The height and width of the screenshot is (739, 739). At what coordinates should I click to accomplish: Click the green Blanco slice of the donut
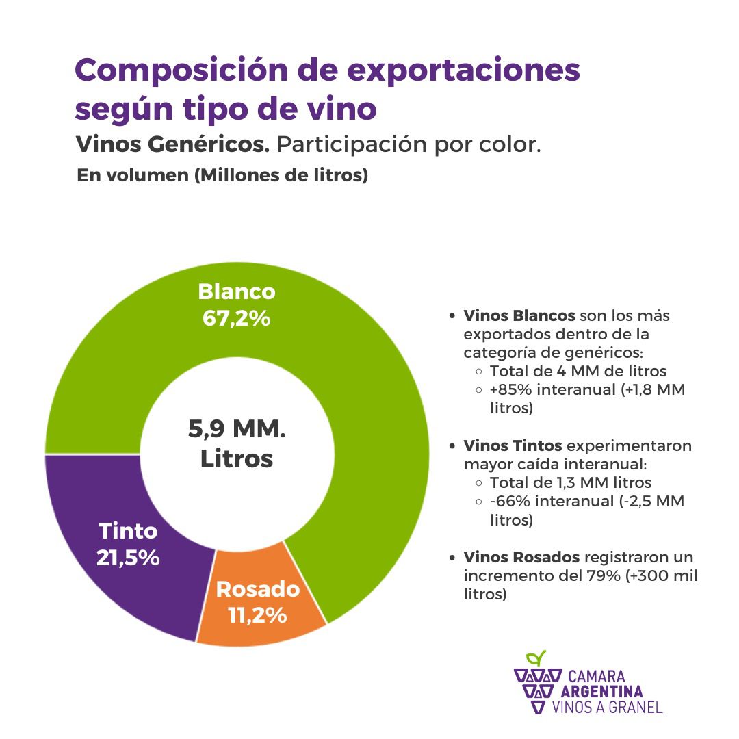369,383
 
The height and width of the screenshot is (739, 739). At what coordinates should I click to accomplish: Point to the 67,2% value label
236,319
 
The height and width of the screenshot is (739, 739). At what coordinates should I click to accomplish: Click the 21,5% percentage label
128,557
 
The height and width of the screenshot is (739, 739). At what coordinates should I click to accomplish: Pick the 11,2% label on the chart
257,615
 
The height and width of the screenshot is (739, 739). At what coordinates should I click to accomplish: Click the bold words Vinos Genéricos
174,145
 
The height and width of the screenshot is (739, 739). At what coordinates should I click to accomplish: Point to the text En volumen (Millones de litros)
222,176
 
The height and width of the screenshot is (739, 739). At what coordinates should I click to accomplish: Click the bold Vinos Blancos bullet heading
519,316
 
